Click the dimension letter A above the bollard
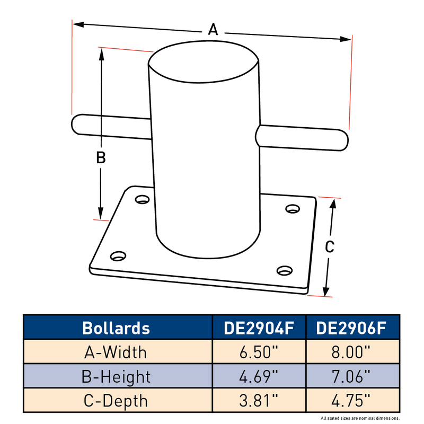pyautogui.click(x=213, y=29)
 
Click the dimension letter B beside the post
pyautogui.click(x=101, y=157)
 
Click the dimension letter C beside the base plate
pyautogui.click(x=330, y=246)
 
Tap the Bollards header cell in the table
pyautogui.click(x=116, y=328)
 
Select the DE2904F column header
pyautogui.click(x=259, y=328)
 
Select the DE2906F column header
pyautogui.click(x=351, y=328)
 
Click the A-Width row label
pyautogui.click(x=116, y=352)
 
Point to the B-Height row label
pyautogui.click(x=116, y=377)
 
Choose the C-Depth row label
pyautogui.click(x=116, y=401)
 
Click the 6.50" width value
pyautogui.click(x=259, y=352)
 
